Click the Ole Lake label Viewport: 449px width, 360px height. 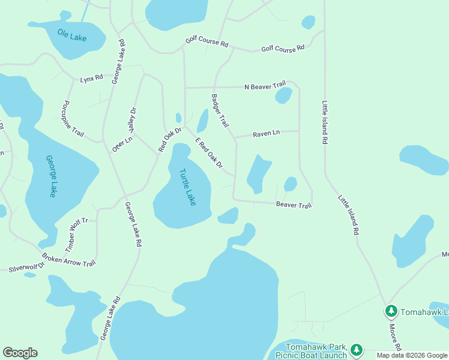tap(72, 35)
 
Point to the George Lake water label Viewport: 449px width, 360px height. tap(51, 176)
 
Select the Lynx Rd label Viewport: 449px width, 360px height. tap(92, 78)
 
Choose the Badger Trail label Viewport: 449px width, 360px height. tap(220, 110)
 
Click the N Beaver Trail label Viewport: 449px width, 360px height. tap(265, 87)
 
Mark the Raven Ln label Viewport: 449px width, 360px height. tap(266, 133)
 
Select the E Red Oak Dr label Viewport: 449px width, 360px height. tap(209, 152)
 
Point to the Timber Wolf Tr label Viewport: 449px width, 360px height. tap(76, 233)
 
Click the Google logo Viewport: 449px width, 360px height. tap(20, 353)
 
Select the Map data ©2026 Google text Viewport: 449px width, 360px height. tap(411, 355)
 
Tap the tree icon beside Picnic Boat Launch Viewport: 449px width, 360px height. tap(356, 349)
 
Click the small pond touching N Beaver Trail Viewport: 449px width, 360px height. tap(283, 95)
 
